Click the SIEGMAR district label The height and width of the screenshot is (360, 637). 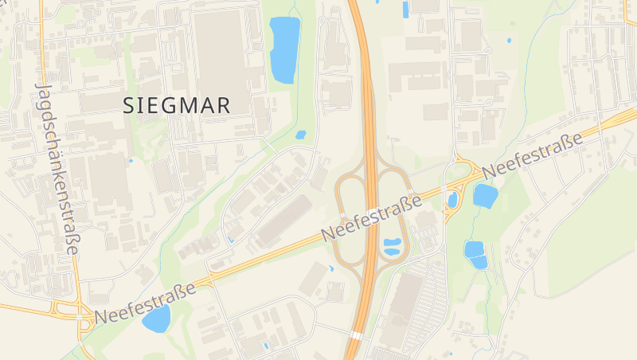pyautogui.click(x=178, y=105)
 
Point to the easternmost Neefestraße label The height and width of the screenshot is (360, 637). pyautogui.click(x=533, y=155)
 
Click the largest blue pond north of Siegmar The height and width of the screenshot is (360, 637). pyautogui.click(x=284, y=49)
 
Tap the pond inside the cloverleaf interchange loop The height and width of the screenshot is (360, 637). pyautogui.click(x=393, y=248)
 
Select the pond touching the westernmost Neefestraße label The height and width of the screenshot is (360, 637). pyautogui.click(x=157, y=319)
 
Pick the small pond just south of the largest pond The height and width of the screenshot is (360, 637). pyautogui.click(x=300, y=135)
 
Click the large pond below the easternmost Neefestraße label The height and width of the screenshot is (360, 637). pyautogui.click(x=484, y=195)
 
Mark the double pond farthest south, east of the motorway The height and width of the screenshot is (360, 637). pyautogui.click(x=475, y=254)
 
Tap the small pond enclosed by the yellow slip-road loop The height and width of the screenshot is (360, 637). pyautogui.click(x=453, y=200)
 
